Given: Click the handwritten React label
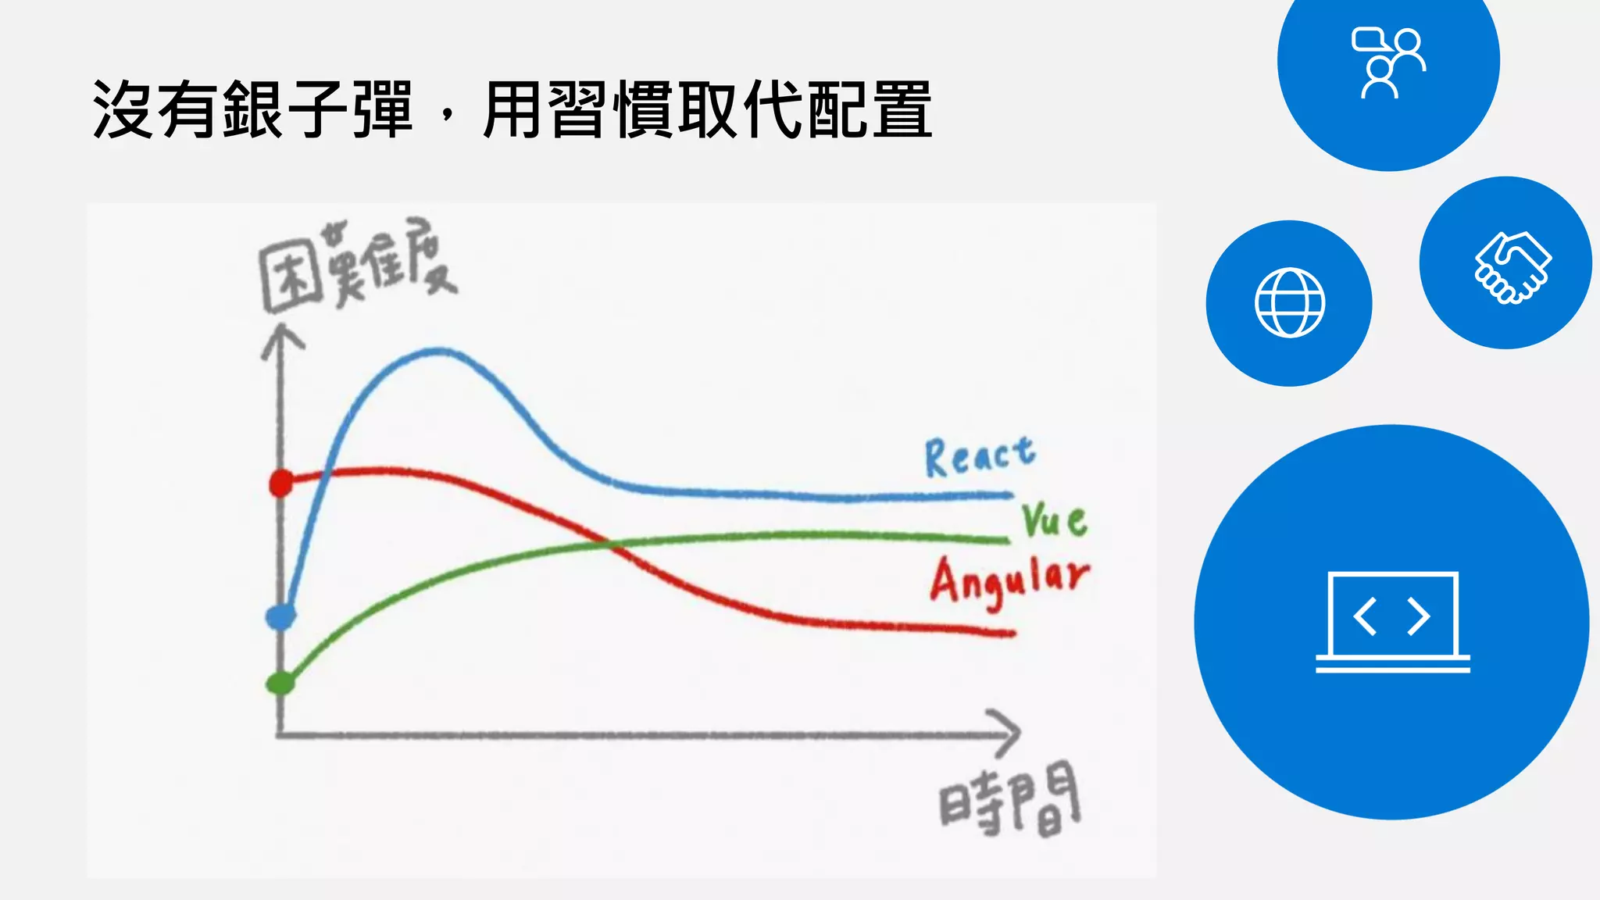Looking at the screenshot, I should point(980,456).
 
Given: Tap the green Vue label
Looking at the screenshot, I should point(1054,520).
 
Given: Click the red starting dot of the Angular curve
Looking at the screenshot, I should point(280,484).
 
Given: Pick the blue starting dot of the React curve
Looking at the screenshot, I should point(280,617).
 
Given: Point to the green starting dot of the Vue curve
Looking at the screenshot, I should point(280,684).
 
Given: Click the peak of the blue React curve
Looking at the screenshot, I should point(439,352).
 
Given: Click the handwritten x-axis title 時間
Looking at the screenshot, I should point(1009,800).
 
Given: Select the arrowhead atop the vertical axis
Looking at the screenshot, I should point(281,341).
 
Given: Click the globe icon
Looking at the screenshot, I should point(1289,303).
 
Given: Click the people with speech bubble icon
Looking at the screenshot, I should point(1389,62).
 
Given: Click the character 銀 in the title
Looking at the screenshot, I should point(252,110).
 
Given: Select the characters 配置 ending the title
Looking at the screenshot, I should point(869,110).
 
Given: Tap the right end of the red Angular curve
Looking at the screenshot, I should point(1012,633).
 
